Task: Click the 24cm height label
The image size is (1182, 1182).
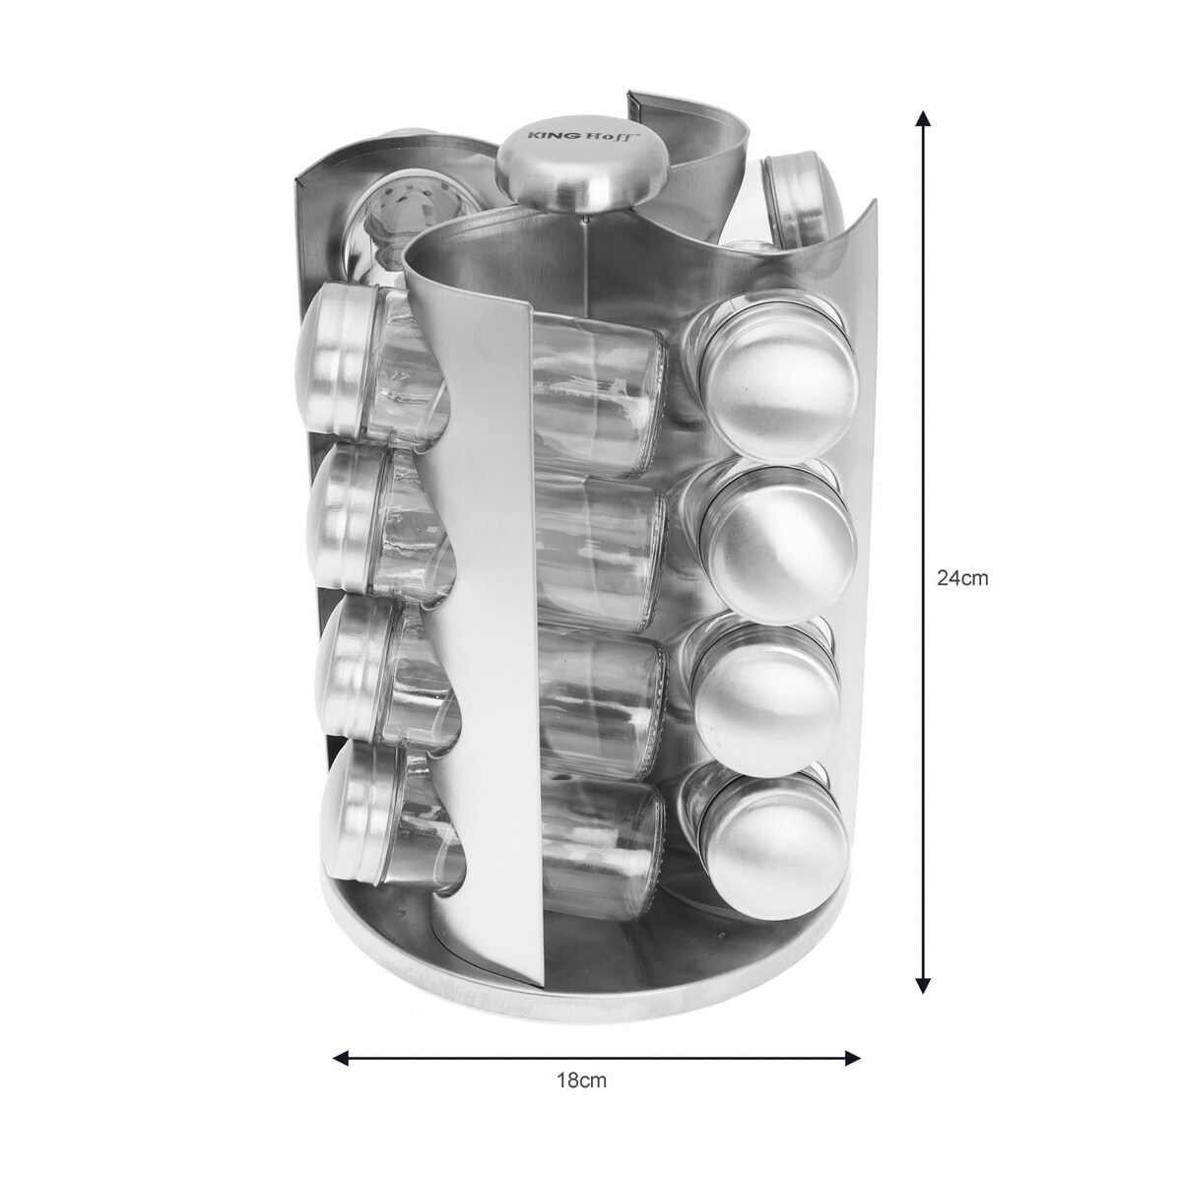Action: click(x=961, y=578)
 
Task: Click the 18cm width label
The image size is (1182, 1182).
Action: click(x=581, y=1097)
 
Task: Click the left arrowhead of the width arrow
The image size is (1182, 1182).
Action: click(x=341, y=1058)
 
